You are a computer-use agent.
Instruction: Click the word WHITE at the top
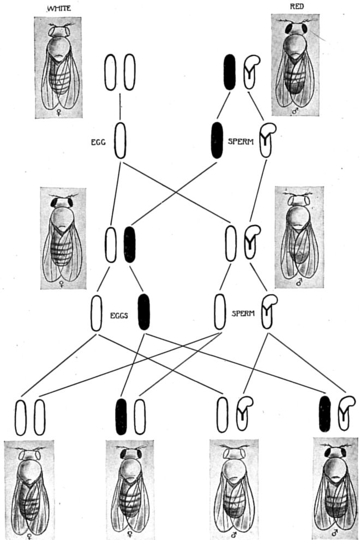(x=57, y=8)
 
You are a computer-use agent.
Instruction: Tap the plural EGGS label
(x=117, y=315)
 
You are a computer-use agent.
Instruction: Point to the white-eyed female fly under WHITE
(x=58, y=67)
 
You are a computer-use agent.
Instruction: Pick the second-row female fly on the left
(x=63, y=238)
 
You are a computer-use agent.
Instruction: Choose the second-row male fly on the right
(x=299, y=237)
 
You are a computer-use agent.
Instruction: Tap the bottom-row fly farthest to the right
(x=335, y=485)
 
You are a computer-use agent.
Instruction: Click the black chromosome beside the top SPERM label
(x=217, y=140)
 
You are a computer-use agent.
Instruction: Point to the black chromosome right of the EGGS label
(x=143, y=312)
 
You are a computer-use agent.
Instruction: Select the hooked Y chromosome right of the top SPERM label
(x=267, y=140)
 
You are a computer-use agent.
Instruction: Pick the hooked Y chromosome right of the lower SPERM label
(x=268, y=311)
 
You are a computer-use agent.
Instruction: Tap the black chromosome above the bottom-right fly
(x=325, y=414)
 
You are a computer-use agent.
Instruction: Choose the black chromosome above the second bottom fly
(x=121, y=417)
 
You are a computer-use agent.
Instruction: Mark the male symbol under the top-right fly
(x=296, y=111)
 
